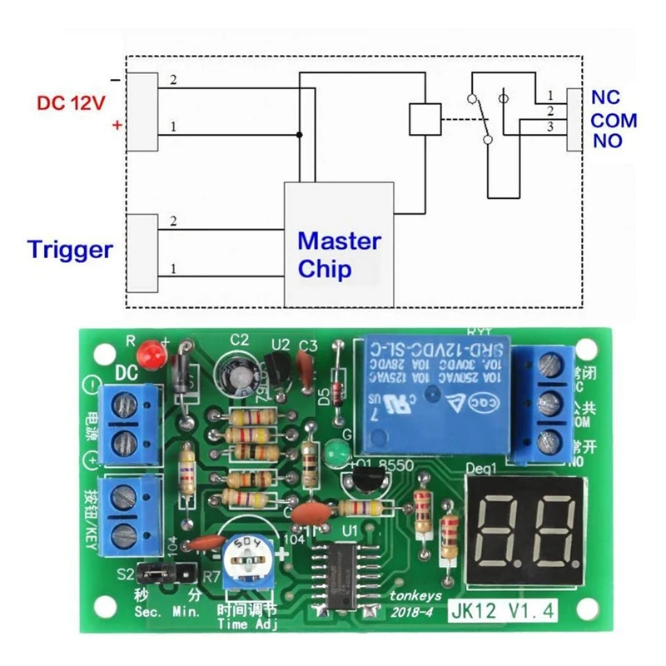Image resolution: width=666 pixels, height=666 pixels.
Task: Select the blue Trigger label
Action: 69,249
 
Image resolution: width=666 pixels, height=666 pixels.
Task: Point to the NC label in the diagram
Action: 605,97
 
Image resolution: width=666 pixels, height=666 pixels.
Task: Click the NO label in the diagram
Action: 608,141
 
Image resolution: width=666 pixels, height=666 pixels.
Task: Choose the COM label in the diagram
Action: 614,120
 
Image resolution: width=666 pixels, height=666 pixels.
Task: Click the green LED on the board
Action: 336,453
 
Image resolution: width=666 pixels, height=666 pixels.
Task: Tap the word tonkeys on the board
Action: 414,596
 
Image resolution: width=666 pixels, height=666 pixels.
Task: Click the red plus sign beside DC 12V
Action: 117,126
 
